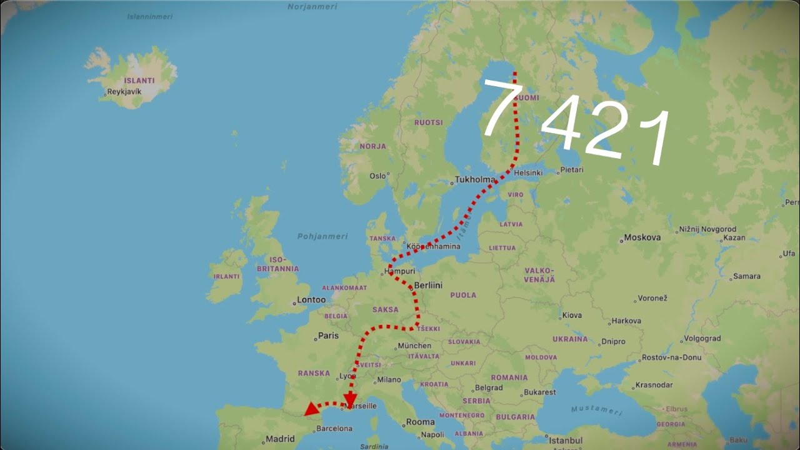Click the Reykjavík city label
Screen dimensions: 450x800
(124, 92)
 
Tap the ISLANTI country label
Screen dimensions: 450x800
(139, 81)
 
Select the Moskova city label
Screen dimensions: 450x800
(642, 237)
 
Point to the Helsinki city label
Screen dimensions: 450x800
(528, 172)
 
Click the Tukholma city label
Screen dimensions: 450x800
(475, 179)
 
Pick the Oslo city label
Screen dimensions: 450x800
(377, 176)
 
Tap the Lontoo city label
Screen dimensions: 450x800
(311, 299)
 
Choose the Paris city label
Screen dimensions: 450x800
(328, 336)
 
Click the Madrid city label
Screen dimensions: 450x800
(280, 439)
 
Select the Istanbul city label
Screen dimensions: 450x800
(566, 440)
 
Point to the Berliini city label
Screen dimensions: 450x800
(428, 285)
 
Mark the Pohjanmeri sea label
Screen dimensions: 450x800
(322, 236)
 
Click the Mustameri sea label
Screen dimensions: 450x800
(596, 410)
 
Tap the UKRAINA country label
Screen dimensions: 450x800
(570, 339)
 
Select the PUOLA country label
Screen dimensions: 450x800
(463, 295)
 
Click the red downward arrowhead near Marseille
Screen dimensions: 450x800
(350, 399)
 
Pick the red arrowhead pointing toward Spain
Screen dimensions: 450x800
(311, 409)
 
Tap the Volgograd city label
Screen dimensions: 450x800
(702, 339)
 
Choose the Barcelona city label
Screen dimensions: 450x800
(334, 429)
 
